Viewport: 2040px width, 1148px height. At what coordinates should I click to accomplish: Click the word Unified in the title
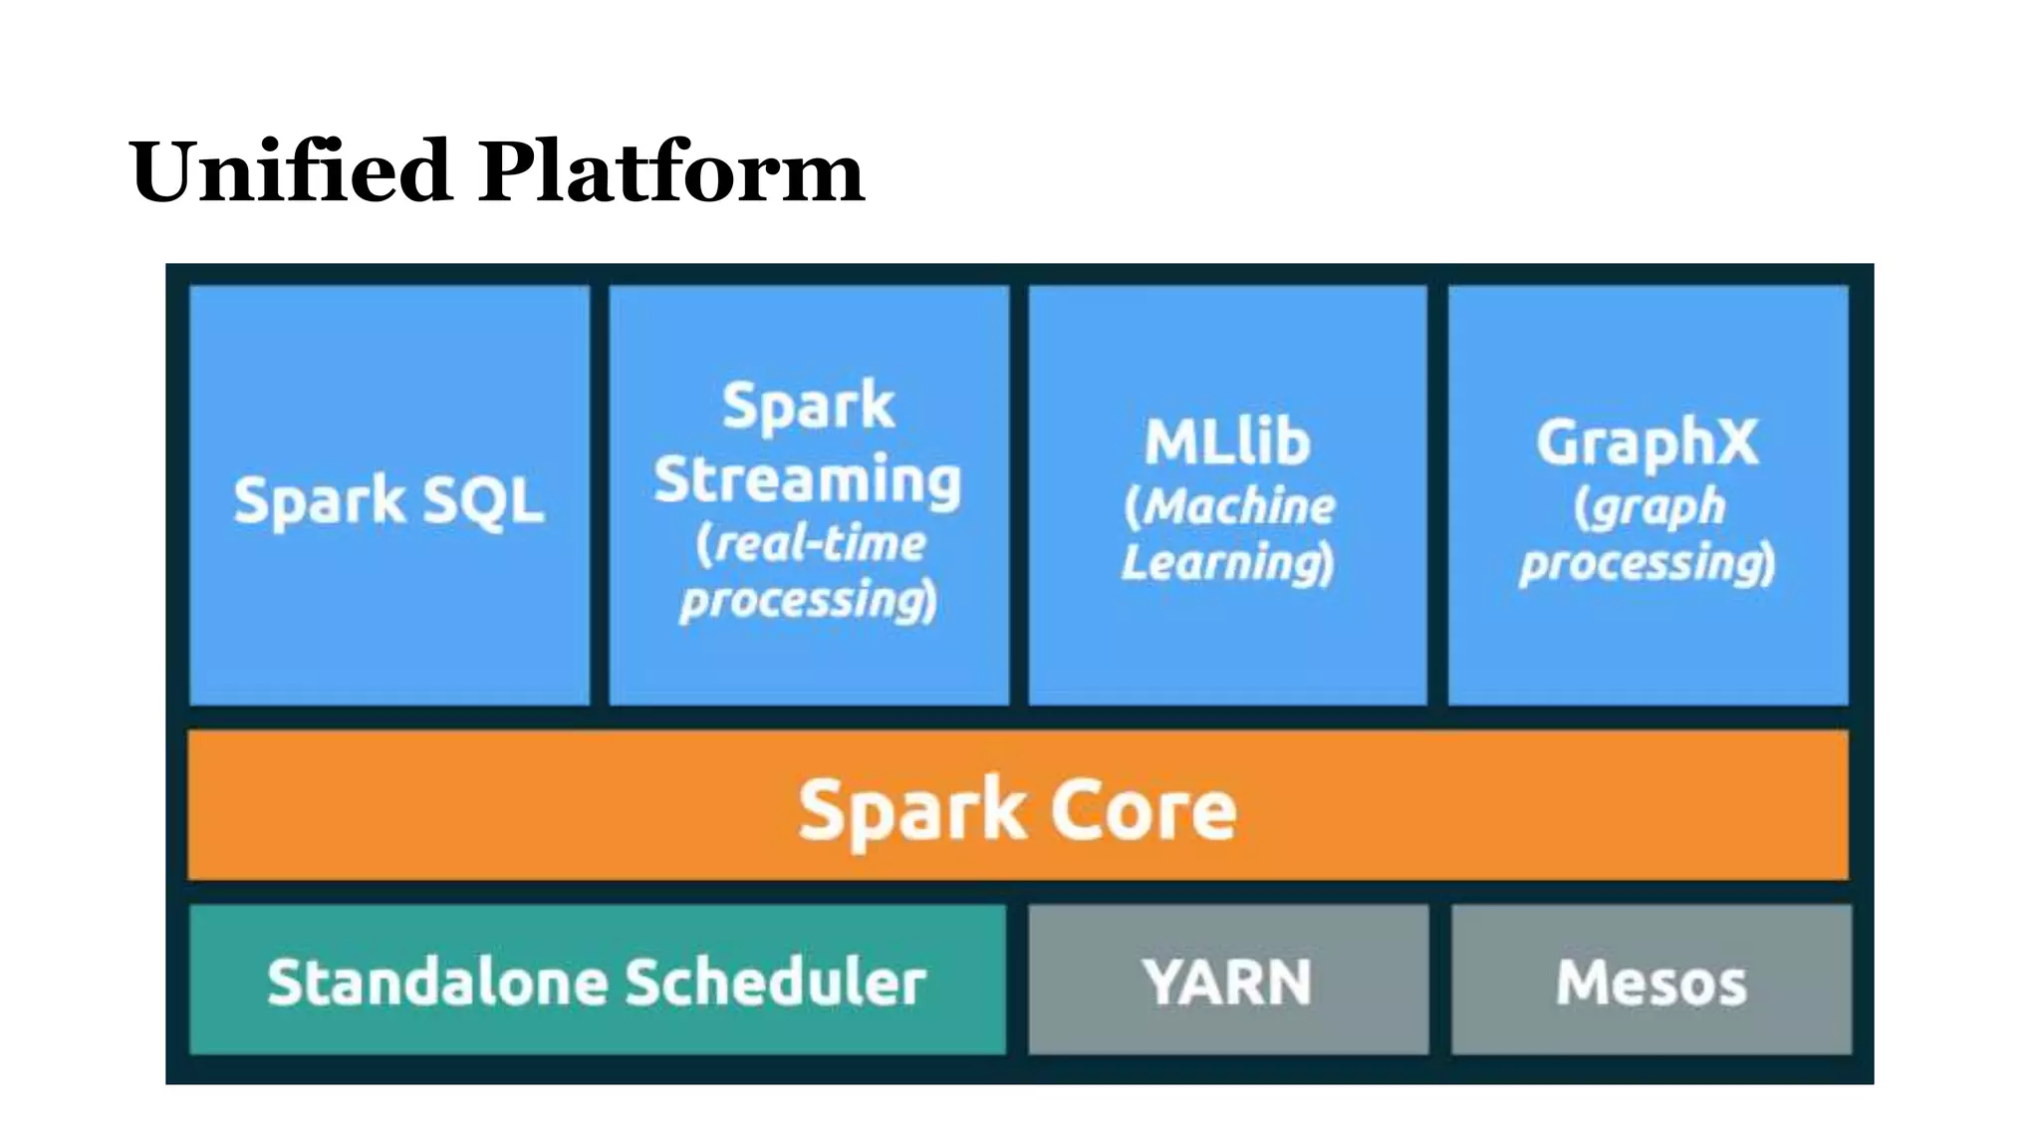click(x=291, y=171)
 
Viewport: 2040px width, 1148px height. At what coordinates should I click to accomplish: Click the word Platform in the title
click(x=671, y=171)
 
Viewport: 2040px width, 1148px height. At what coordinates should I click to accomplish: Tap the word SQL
click(x=483, y=500)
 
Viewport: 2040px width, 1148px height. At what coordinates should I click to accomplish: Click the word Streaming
click(x=808, y=480)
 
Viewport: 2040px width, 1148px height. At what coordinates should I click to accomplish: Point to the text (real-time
click(x=811, y=544)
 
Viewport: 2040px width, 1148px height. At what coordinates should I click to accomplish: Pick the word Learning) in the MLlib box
click(x=1227, y=563)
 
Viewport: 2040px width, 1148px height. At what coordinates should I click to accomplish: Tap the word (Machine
click(x=1229, y=506)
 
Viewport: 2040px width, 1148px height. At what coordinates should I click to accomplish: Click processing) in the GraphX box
click(x=1648, y=563)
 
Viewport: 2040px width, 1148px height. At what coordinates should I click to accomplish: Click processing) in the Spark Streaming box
click(x=808, y=601)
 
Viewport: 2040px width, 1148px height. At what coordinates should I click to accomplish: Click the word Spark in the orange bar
click(x=911, y=810)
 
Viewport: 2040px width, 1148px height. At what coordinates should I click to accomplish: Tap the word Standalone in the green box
click(x=437, y=983)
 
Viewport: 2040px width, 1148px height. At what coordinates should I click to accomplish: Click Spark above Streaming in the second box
click(x=808, y=407)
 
